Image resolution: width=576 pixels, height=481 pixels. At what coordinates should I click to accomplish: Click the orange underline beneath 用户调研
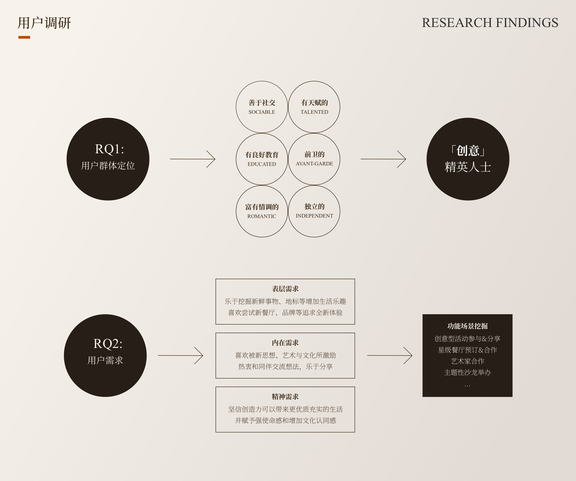[24, 37]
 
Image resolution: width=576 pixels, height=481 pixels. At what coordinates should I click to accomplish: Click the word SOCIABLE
[262, 112]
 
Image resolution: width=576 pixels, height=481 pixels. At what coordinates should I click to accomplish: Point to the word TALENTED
[314, 112]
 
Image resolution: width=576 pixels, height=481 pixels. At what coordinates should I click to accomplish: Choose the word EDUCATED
[262, 164]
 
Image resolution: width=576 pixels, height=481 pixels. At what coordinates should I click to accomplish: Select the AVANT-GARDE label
[314, 164]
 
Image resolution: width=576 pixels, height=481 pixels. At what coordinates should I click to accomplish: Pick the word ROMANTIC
[262, 216]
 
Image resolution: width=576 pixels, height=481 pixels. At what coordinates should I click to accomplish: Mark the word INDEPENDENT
[314, 216]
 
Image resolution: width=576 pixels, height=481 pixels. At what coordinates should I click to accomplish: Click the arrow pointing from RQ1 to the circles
[193, 159]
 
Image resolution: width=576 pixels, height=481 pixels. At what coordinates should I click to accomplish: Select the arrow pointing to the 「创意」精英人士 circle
[383, 159]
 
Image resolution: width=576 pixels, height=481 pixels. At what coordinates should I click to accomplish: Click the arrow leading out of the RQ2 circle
[180, 356]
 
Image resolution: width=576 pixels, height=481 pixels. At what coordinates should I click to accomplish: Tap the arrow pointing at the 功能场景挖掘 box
[389, 356]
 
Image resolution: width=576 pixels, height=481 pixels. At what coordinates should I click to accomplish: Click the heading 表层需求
[285, 289]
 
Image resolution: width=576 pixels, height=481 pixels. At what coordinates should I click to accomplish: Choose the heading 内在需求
[285, 343]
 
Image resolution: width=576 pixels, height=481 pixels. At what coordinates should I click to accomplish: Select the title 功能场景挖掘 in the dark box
[467, 326]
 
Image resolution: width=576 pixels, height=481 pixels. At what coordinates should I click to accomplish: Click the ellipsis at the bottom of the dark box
[467, 386]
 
